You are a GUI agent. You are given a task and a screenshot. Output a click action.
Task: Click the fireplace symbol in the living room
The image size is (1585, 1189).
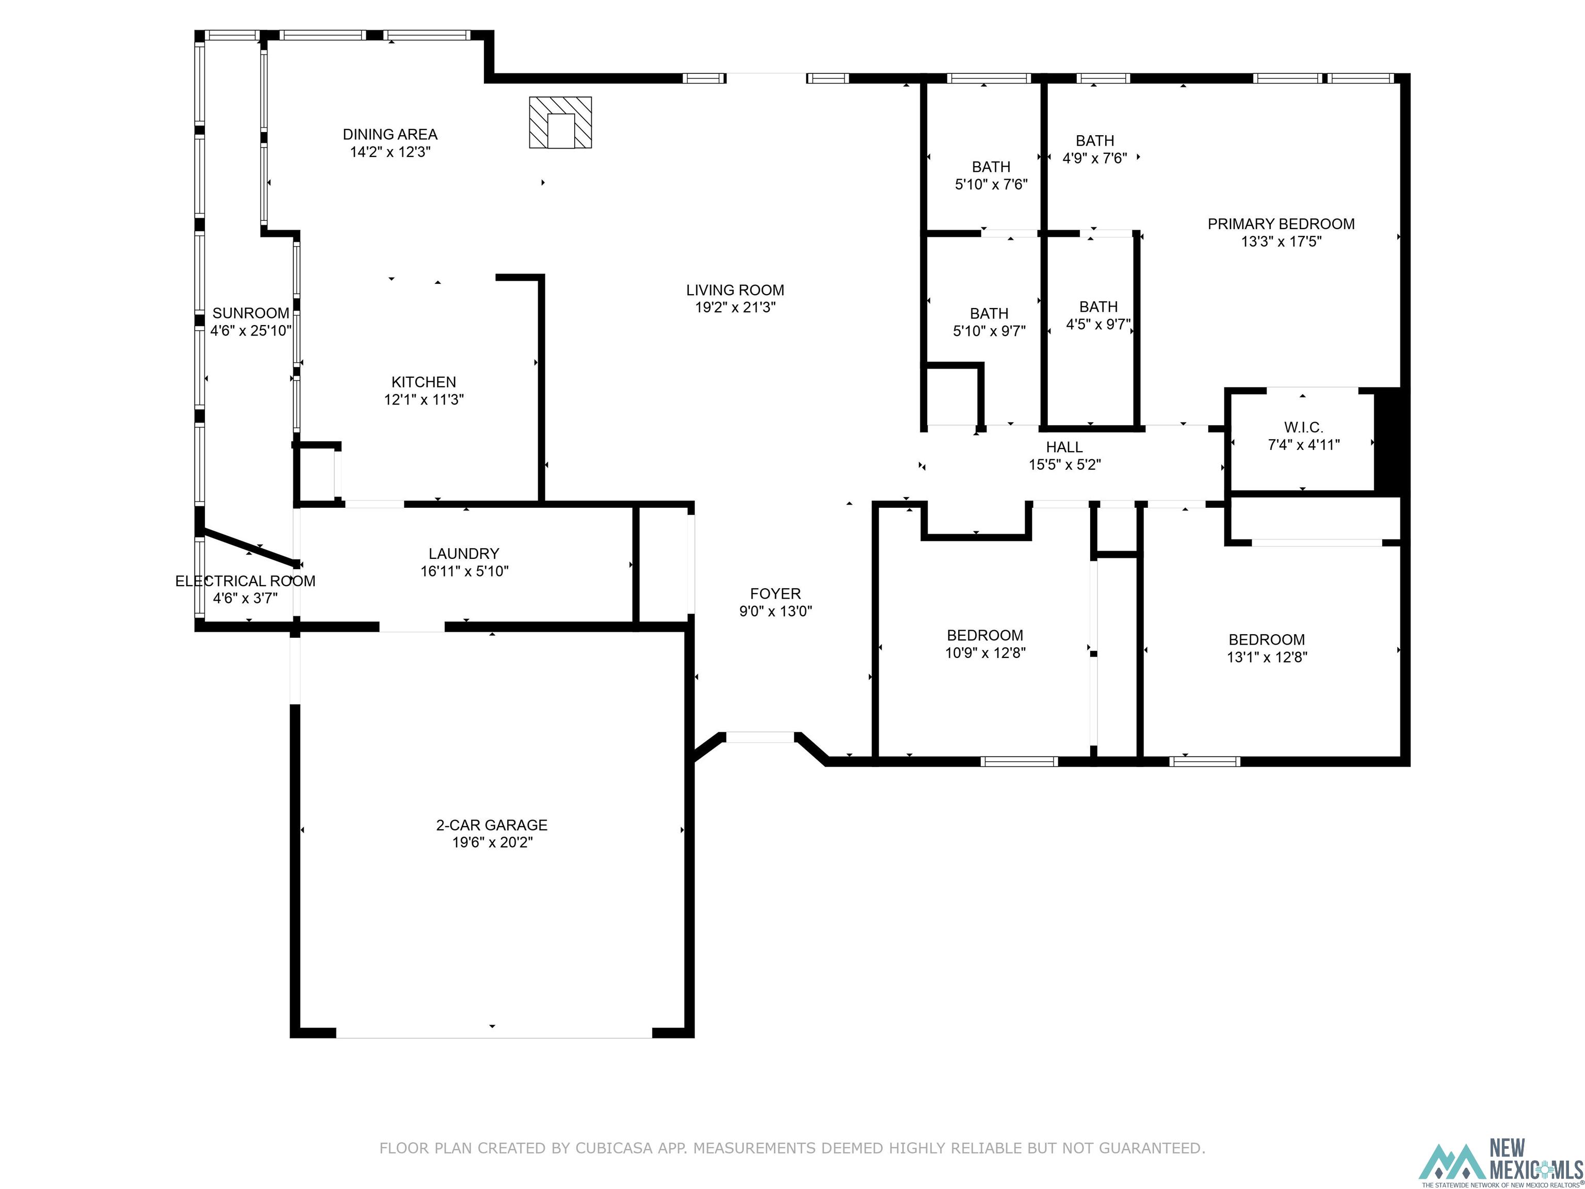click(x=560, y=122)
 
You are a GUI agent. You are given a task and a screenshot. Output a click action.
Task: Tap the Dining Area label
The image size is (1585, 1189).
click(x=390, y=135)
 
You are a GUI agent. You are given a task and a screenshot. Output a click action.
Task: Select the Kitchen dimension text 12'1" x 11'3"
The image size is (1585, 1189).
click(x=424, y=400)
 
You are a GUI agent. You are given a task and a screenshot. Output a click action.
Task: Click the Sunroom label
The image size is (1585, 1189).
click(x=251, y=313)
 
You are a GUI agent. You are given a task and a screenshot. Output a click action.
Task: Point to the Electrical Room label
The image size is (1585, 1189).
click(x=245, y=581)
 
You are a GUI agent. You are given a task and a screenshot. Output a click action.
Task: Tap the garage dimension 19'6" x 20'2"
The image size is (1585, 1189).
click(x=492, y=843)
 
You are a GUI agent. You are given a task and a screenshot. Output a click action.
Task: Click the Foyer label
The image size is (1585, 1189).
click(x=775, y=594)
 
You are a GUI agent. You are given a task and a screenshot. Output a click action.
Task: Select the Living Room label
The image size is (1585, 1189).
click(x=735, y=290)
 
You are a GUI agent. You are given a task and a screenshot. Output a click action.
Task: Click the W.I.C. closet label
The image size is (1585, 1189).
click(x=1303, y=428)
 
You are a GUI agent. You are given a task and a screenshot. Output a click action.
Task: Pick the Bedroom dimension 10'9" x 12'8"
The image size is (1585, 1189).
click(x=985, y=653)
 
